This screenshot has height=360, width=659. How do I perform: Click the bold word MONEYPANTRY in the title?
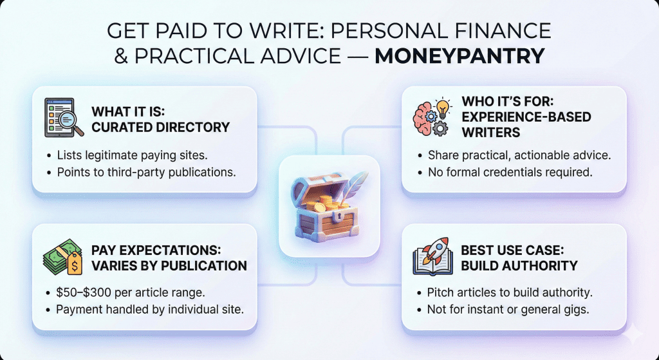[x=459, y=57]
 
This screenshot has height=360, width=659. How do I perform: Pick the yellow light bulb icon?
[x=443, y=108]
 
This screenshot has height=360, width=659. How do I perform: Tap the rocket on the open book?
[x=434, y=250]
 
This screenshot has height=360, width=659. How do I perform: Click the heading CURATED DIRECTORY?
[x=160, y=127]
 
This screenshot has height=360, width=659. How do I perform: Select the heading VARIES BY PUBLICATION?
[x=169, y=266]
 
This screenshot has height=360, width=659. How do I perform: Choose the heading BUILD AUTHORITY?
[x=519, y=266]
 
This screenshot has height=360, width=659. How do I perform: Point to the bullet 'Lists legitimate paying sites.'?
[x=132, y=155]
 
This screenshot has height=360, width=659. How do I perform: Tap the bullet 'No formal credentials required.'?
[x=510, y=172]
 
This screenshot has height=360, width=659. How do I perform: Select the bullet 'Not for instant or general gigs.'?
[x=508, y=310]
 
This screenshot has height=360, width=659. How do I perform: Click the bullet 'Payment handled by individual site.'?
[x=150, y=310]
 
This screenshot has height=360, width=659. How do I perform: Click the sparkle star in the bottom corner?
[x=633, y=334]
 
